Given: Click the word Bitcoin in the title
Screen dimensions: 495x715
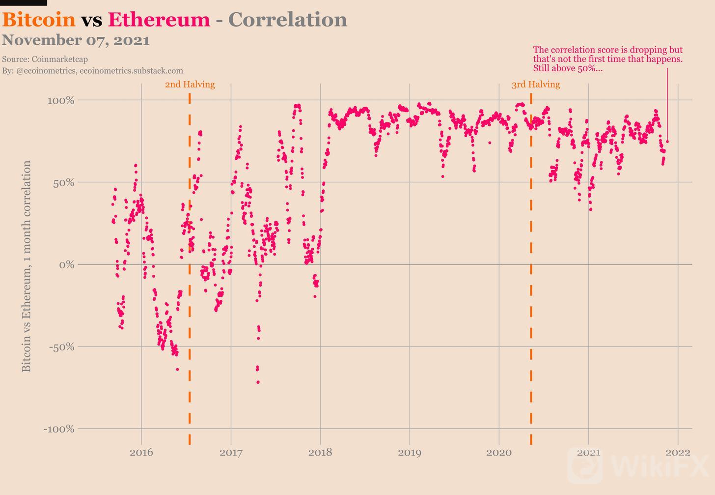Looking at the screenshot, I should tap(39, 20).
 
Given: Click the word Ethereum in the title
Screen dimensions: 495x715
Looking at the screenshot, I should tap(159, 20).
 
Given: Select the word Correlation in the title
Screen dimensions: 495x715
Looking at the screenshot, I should tap(288, 20).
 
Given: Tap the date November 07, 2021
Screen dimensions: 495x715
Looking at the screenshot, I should tap(76, 40).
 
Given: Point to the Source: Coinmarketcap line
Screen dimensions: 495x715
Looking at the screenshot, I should tap(45, 59).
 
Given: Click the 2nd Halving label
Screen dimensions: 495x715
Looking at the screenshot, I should tap(190, 85).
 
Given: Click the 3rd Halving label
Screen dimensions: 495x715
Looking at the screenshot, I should tap(535, 85).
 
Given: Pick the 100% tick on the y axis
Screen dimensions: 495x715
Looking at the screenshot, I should tap(61, 101).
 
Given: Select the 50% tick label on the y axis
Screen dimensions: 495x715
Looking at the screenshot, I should tap(63, 183).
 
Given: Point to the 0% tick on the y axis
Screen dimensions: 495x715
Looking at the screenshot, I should tap(66, 265).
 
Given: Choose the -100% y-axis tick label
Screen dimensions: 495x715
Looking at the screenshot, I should tap(58, 429).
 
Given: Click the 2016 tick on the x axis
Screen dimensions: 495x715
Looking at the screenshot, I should tap(141, 452).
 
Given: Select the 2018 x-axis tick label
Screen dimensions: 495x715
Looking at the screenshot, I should tap(320, 452).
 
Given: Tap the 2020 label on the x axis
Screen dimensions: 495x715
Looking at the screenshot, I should tap(499, 452).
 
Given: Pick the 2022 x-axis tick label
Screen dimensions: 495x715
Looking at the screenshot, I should tap(678, 452).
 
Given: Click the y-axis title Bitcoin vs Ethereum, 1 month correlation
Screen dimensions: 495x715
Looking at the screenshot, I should tap(27, 266).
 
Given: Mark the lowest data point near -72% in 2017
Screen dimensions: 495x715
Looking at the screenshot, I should tap(258, 382).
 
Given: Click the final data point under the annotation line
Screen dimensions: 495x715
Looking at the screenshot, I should tap(667, 142).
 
